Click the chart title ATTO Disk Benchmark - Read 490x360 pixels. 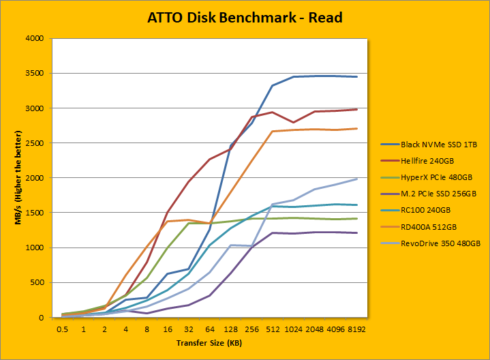point(245,17)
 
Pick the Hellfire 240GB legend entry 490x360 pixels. point(419,160)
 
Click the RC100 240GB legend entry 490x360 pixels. point(417,209)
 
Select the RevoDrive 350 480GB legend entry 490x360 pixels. point(434,242)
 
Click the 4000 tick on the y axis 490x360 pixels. point(35,38)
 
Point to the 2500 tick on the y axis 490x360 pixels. point(35,143)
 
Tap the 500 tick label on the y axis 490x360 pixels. point(37,282)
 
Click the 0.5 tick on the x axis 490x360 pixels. point(63,329)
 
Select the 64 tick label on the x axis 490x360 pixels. point(210,329)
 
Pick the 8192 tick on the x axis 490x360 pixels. point(356,329)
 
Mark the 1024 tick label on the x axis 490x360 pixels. point(294,329)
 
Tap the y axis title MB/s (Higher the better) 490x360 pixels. point(13,178)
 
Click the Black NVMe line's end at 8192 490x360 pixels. point(356,77)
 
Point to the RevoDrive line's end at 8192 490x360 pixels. point(356,179)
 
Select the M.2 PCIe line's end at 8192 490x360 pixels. point(356,233)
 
